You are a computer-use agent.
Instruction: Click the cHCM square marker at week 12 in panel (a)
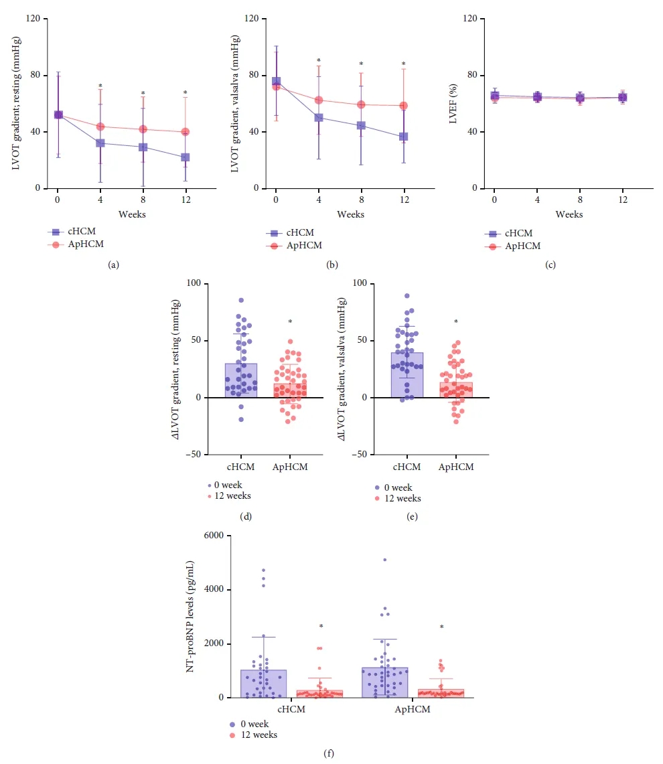click(185, 157)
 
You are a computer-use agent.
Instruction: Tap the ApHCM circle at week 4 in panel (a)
click(100, 127)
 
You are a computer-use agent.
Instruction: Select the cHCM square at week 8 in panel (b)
click(361, 125)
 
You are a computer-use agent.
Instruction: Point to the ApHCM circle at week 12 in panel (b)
click(404, 106)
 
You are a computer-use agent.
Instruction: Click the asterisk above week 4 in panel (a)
click(100, 86)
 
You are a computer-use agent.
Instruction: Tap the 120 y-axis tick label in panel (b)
click(252, 18)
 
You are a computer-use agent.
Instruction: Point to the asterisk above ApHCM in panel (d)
click(290, 322)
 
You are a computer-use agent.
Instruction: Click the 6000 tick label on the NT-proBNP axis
click(212, 536)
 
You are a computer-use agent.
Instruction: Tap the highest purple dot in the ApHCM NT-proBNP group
click(385, 559)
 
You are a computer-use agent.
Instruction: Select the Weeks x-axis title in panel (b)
click(350, 214)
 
